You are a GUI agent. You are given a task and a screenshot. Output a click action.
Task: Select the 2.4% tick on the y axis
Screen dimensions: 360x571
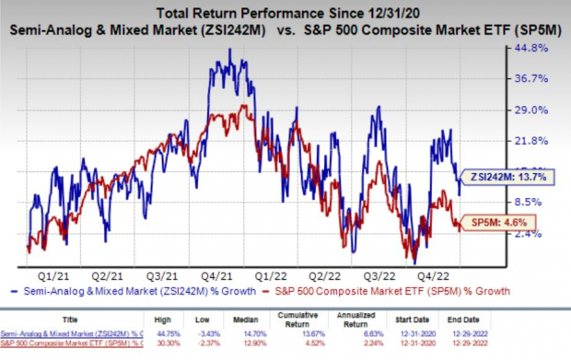pos(526,234)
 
